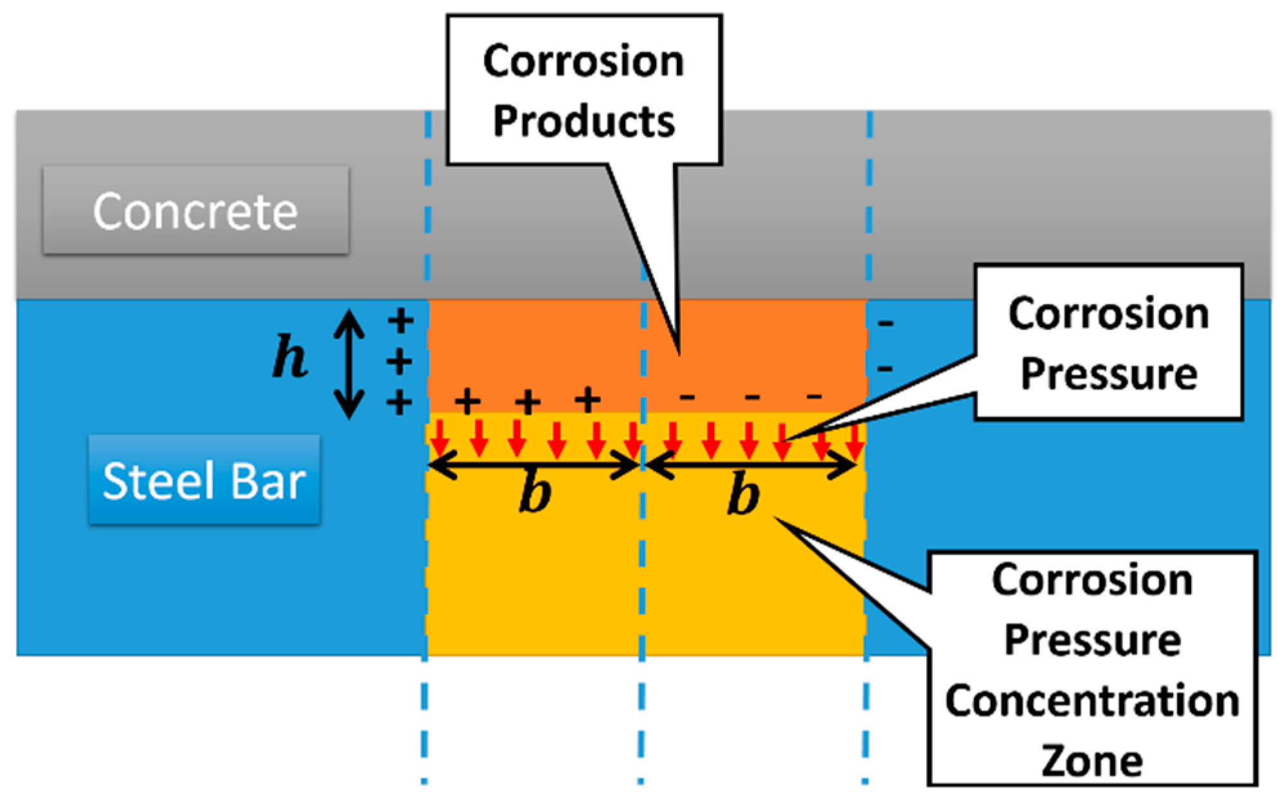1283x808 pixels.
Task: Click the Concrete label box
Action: coord(196,211)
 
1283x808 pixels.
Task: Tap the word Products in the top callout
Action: coord(584,121)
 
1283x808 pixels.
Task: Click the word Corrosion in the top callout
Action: coord(584,62)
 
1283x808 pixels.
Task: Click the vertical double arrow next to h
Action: coord(349,364)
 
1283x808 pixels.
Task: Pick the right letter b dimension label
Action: coord(743,495)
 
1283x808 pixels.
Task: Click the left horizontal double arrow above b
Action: coord(534,465)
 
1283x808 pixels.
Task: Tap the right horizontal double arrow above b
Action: coord(751,465)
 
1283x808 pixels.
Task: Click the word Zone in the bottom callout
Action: coord(1092,761)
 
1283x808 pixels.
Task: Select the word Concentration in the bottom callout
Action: coord(1092,701)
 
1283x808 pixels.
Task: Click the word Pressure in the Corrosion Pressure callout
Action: coord(1109,373)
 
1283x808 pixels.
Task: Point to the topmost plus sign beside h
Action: coord(400,320)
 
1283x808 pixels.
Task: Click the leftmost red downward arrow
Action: coord(440,438)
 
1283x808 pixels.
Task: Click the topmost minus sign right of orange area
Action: coord(886,323)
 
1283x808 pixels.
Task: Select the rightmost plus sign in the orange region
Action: coord(588,400)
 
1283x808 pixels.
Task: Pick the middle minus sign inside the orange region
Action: coord(752,398)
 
